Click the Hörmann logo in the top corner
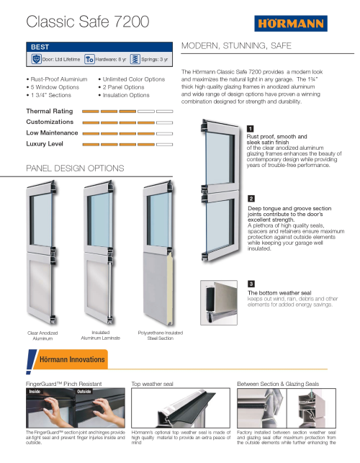291,23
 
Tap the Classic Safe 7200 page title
88,22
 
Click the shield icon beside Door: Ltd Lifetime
36,59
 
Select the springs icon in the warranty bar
135,59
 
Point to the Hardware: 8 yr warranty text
111,59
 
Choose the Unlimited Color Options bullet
134,79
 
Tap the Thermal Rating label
49,111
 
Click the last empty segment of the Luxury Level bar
164,145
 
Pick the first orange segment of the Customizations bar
91,122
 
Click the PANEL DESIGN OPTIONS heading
75,168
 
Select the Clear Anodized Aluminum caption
42,336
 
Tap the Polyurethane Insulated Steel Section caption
161,336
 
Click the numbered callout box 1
250,128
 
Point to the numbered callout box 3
251,284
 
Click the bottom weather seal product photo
219,302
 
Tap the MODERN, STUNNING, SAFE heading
236,46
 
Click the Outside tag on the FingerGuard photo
84,392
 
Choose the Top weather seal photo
181,408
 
